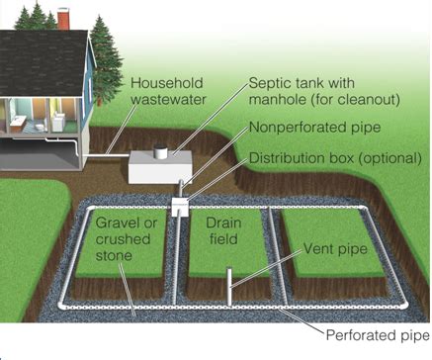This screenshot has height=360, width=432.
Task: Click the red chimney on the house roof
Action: coord(63,19)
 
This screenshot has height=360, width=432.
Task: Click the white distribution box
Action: coord(180,204)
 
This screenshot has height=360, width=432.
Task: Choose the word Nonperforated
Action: coord(301,129)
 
